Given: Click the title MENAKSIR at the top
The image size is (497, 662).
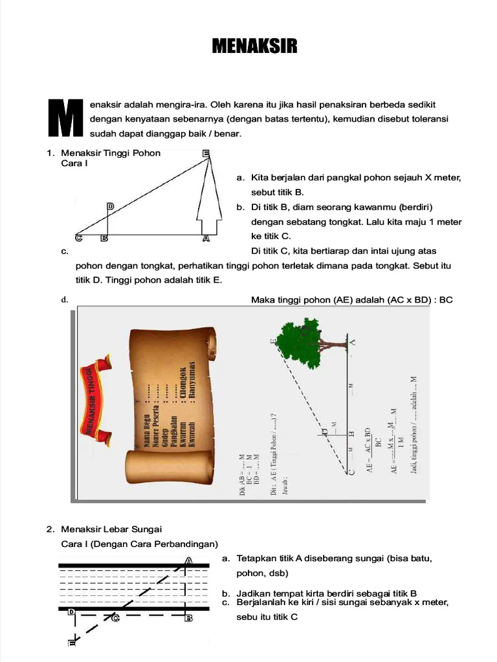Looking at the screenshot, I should click(x=255, y=47).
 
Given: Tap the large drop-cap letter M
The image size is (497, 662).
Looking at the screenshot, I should click(x=67, y=118).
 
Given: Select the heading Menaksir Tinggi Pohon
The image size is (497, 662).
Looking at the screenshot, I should click(x=111, y=153).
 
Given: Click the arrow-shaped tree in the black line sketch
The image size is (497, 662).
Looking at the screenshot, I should click(x=206, y=200).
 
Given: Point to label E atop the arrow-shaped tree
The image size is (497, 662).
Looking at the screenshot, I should click(x=206, y=153).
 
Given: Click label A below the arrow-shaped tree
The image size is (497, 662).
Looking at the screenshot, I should click(x=206, y=238).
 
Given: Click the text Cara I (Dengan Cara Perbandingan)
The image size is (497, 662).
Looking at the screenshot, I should click(x=139, y=543).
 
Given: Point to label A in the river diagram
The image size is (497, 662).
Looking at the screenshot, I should click(x=189, y=561).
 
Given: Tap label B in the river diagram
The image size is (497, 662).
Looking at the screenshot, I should click(x=189, y=619).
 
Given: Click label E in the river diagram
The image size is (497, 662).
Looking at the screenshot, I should click(x=72, y=643).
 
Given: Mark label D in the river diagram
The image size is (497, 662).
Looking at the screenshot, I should click(x=71, y=612).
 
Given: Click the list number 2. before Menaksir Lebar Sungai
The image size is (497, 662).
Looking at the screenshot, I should click(x=50, y=529).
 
